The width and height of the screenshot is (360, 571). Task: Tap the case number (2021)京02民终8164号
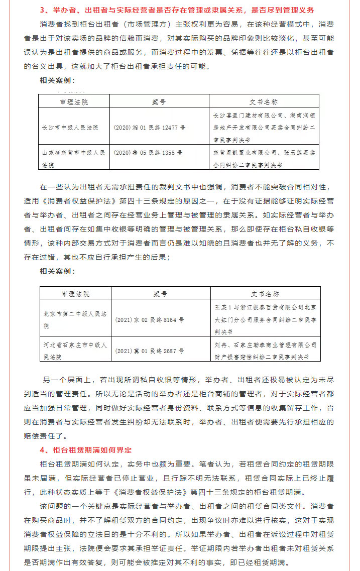pyautogui.click(x=149, y=319)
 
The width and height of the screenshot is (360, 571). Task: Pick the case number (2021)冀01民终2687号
pyautogui.click(x=149, y=350)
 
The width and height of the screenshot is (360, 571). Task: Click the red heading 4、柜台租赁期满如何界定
pyautogui.click(x=86, y=448)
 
